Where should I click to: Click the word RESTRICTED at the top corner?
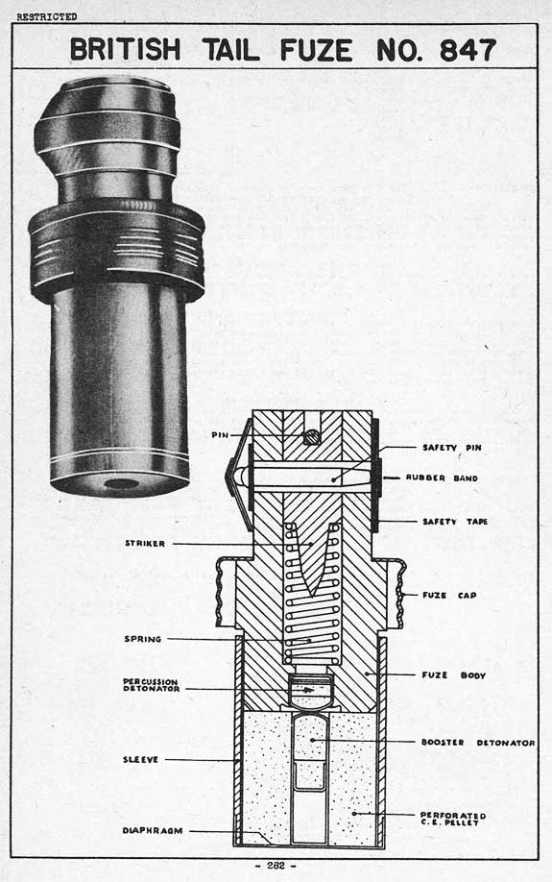pyautogui.click(x=47, y=17)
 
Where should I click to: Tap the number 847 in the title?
pyautogui.click(x=468, y=51)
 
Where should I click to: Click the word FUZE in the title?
pyautogui.click(x=316, y=51)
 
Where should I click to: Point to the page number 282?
pyautogui.click(x=276, y=866)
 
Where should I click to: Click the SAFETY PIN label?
pyautogui.click(x=452, y=448)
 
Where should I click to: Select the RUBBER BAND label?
pyautogui.click(x=442, y=478)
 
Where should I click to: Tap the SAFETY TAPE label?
pyautogui.click(x=455, y=522)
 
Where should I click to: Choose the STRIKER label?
pyautogui.click(x=145, y=544)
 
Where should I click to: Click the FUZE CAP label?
pyautogui.click(x=449, y=595)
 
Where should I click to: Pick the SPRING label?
pyautogui.click(x=143, y=639)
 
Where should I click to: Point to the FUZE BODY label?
pyautogui.click(x=454, y=675)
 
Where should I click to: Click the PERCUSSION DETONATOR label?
pyautogui.click(x=152, y=685)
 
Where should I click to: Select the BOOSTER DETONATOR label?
pyautogui.click(x=478, y=743)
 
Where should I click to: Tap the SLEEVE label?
pyautogui.click(x=141, y=760)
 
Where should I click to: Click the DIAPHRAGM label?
pyautogui.click(x=153, y=830)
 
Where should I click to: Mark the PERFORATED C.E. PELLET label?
pyautogui.click(x=453, y=819)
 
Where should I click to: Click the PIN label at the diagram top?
pyautogui.click(x=221, y=435)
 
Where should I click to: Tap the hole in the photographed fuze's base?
pyautogui.click(x=122, y=483)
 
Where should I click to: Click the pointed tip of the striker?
pyautogui.click(x=312, y=594)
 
